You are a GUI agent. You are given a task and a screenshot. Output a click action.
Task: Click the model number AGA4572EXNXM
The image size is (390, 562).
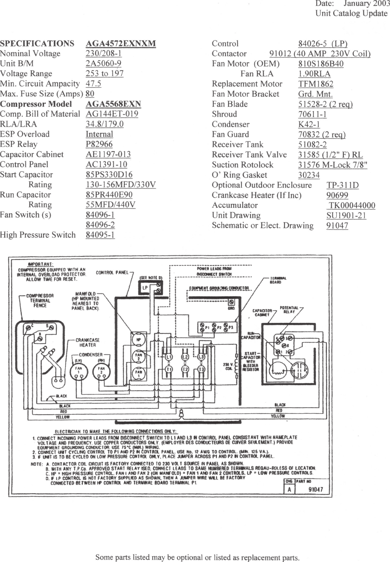click(x=120, y=44)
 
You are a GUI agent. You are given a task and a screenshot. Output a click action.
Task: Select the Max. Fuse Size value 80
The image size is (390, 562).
click(x=90, y=94)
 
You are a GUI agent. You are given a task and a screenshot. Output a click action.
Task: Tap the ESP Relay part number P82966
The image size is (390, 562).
click(x=99, y=144)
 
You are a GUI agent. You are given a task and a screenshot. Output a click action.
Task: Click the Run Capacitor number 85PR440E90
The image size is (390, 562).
click(x=109, y=195)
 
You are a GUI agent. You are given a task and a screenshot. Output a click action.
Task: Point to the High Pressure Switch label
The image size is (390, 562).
click(x=38, y=235)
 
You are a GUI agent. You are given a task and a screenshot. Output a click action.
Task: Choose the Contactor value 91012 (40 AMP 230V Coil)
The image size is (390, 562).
click(x=320, y=54)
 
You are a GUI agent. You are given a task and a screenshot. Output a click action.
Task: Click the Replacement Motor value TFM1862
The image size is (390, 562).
click(x=316, y=84)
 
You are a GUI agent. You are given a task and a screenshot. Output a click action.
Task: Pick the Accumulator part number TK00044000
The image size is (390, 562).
click(x=352, y=205)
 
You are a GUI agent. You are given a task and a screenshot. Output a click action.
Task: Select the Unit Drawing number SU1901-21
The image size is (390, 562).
click(x=346, y=215)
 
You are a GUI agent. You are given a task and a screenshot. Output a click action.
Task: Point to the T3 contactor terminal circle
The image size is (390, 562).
click(x=201, y=370)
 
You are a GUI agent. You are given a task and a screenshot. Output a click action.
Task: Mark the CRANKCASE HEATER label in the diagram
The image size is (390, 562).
click(x=87, y=342)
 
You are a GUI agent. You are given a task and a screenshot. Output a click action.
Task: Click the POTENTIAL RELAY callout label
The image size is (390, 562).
click(x=289, y=310)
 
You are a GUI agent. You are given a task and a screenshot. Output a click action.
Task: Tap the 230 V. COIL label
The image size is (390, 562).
click(x=228, y=367)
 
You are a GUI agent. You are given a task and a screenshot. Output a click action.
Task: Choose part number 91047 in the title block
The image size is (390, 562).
click(x=316, y=489)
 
